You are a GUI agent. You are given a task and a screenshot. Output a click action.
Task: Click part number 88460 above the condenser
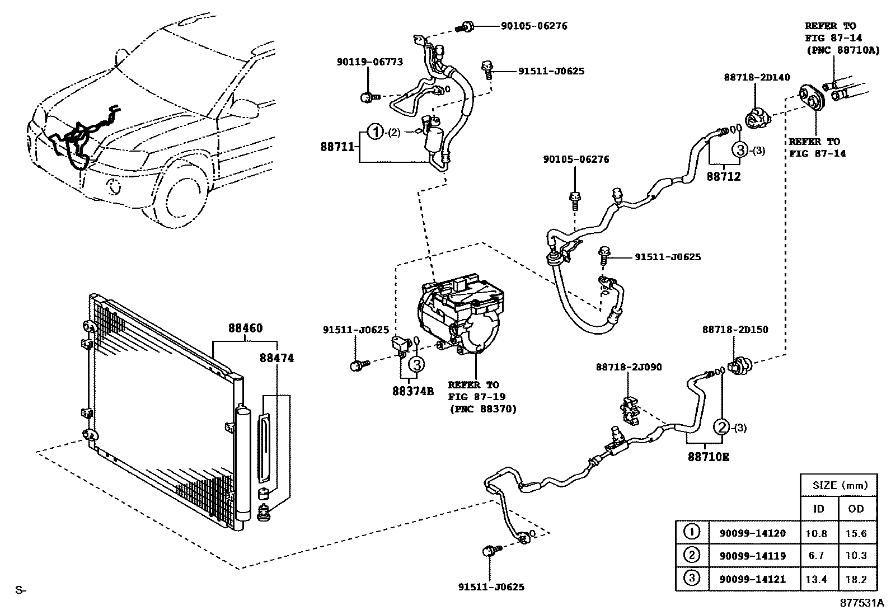tap(245, 328)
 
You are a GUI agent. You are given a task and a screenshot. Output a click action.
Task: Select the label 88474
tap(276, 358)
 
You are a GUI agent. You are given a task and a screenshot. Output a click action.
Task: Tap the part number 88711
tap(337, 147)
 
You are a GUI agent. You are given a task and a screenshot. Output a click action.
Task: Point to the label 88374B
tap(413, 391)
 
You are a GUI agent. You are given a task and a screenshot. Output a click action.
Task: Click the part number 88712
tap(723, 176)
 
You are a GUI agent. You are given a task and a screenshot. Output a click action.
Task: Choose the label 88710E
tap(709, 457)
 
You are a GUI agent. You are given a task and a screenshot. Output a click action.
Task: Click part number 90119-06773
tap(369, 62)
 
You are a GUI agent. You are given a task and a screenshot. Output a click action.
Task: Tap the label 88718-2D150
tap(735, 330)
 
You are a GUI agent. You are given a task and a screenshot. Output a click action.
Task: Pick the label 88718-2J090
tap(629, 367)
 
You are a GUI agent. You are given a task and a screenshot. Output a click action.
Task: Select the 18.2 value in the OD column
tap(856, 579)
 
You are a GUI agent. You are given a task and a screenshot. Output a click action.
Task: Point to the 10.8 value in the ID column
tap(816, 533)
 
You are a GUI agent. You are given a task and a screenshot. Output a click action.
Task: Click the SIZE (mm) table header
tap(838, 485)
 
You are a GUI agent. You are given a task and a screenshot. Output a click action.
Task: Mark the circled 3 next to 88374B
tap(416, 364)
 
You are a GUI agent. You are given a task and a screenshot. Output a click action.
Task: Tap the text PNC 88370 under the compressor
tap(482, 409)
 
